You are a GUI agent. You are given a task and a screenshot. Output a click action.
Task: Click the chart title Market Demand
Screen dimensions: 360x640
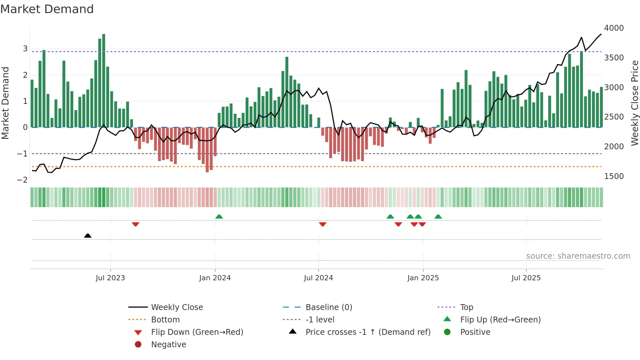click(x=47, y=9)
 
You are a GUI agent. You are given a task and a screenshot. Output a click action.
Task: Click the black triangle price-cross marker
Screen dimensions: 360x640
click(x=88, y=236)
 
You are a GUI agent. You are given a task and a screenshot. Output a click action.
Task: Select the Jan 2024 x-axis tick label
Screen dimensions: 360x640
click(x=215, y=278)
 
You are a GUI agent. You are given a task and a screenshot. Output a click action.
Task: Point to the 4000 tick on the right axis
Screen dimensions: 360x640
click(x=614, y=28)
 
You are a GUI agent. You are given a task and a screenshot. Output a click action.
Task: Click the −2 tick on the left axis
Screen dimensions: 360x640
click(x=22, y=180)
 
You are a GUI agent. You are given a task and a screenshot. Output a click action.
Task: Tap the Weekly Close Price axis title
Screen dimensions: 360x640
click(x=634, y=103)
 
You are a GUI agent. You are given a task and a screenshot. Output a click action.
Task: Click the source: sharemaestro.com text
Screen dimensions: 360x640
click(x=578, y=256)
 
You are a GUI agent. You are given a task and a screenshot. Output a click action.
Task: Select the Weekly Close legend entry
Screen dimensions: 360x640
click(x=177, y=307)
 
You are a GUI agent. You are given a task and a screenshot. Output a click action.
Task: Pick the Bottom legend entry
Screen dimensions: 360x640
click(x=165, y=320)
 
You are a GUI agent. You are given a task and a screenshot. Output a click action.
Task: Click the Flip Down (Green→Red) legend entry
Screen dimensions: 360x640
click(x=197, y=332)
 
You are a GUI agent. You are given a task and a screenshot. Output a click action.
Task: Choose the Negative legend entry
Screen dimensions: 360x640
click(x=168, y=345)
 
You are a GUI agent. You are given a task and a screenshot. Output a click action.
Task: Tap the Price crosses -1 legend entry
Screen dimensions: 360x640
click(x=368, y=332)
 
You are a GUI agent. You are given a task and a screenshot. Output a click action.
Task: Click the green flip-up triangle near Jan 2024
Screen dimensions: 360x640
click(x=219, y=217)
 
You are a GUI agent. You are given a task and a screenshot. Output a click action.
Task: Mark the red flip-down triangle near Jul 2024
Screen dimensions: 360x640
click(x=323, y=224)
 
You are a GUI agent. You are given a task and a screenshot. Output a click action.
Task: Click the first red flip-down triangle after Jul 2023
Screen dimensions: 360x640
click(x=136, y=224)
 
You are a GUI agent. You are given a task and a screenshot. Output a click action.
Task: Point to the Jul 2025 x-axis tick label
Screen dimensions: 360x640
click(x=526, y=278)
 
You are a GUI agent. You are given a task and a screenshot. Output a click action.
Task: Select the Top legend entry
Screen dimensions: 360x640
click(x=466, y=307)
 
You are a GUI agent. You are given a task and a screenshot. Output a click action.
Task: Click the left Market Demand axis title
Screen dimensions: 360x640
click(x=5, y=103)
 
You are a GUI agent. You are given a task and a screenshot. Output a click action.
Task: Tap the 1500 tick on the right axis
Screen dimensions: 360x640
click(x=614, y=176)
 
